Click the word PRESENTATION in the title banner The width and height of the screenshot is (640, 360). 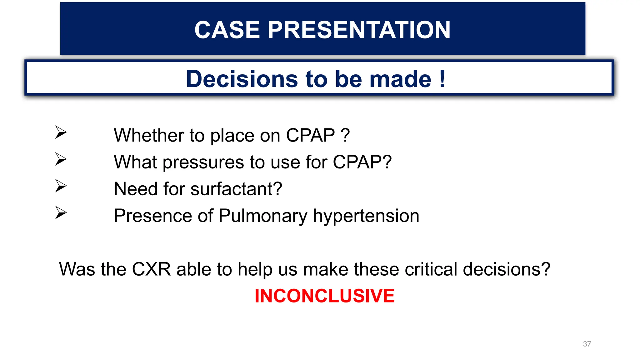359,30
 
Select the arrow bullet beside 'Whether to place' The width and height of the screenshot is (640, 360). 61,132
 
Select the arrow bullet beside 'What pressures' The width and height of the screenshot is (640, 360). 61,159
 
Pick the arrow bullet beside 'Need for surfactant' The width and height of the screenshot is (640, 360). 61,186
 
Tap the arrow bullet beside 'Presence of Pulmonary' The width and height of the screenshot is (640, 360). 61,213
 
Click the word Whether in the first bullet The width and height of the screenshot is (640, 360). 149,135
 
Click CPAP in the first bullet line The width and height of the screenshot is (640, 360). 310,135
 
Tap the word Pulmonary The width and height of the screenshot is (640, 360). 263,216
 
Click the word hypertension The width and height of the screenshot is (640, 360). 366,216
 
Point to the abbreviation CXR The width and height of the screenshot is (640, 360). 151,269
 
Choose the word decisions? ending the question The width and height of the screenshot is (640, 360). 506,269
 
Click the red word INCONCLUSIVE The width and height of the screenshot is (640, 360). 324,296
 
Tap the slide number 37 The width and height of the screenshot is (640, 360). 587,344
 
